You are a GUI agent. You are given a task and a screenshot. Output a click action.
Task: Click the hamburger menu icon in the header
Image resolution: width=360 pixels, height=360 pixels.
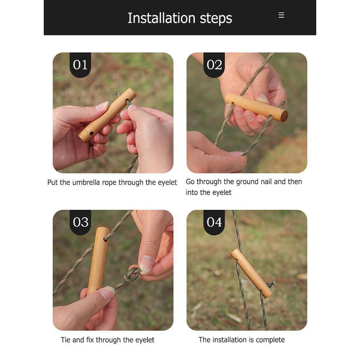click(281, 15)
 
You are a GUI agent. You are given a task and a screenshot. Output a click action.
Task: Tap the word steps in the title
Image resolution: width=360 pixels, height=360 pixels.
click(216, 19)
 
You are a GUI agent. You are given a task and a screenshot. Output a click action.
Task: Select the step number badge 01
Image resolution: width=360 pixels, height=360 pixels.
click(80, 65)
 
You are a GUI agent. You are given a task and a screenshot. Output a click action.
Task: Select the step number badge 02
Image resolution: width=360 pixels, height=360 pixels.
click(214, 65)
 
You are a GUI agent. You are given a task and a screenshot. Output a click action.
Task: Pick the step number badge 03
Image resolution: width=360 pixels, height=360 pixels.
click(80, 222)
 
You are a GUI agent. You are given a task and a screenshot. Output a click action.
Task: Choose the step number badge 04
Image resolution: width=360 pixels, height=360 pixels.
click(214, 222)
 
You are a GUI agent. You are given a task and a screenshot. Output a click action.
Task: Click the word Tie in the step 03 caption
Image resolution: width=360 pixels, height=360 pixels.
click(65, 340)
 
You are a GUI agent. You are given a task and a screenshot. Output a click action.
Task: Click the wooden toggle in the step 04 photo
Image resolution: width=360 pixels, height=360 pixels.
click(251, 274)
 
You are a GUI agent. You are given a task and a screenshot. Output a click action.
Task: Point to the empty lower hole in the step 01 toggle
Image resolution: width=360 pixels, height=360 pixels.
click(92, 133)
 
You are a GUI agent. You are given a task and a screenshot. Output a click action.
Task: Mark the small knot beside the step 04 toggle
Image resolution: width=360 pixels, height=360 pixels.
click(271, 284)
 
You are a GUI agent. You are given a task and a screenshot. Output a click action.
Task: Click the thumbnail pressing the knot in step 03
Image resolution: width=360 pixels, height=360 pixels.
click(146, 264)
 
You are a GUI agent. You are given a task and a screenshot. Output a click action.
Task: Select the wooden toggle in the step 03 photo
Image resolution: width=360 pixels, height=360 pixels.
click(98, 261)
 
